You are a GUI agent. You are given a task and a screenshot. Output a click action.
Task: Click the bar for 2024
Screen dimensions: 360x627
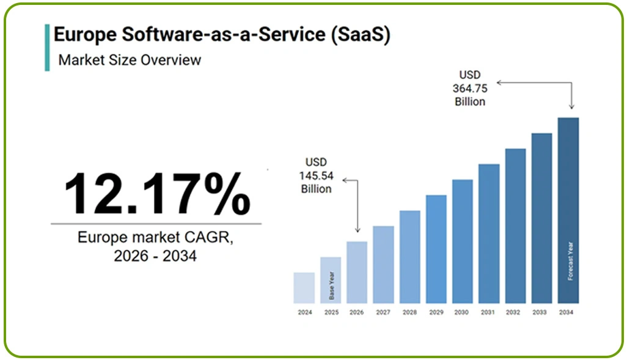[x=304, y=288]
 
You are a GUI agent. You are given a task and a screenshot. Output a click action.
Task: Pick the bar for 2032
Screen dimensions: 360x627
[x=515, y=226]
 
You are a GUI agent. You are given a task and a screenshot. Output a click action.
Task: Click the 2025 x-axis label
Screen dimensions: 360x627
[x=331, y=312]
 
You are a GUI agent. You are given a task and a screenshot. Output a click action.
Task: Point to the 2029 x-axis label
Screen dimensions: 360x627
[x=436, y=312]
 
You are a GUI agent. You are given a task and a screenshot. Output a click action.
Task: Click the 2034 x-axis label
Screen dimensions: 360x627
[x=568, y=312]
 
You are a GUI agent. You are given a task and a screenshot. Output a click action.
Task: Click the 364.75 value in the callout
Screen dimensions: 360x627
[x=469, y=88]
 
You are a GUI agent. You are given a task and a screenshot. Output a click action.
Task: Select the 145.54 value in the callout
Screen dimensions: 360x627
[x=315, y=175]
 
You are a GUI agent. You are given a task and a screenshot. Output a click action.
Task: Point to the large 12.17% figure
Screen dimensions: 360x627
[x=156, y=194]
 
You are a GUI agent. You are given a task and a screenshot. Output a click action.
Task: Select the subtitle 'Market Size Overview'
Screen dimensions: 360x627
[x=130, y=60]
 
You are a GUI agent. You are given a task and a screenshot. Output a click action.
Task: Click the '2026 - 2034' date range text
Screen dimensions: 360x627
[x=155, y=256]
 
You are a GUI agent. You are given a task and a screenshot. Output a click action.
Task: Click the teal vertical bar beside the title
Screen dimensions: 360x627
[x=47, y=48]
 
